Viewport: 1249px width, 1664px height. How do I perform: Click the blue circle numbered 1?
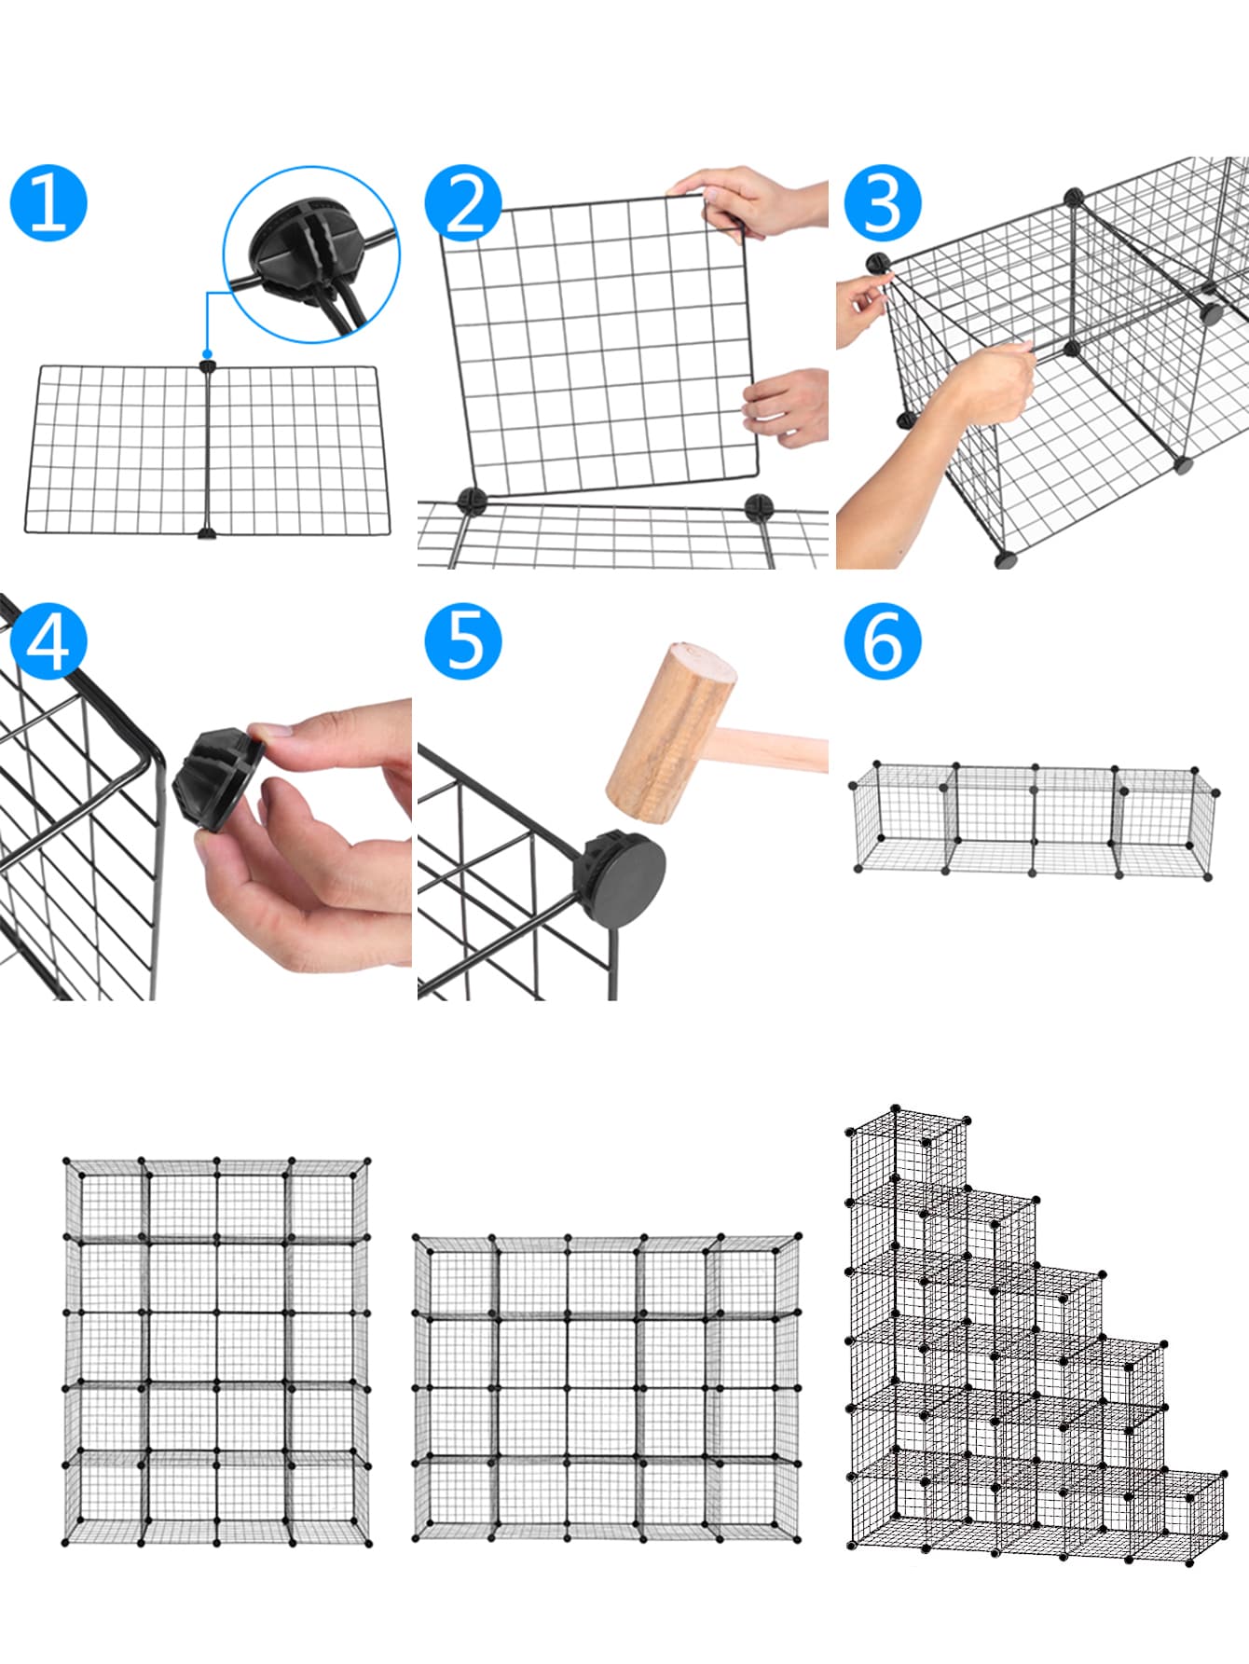tap(48, 203)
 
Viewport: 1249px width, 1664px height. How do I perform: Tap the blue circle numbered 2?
tap(463, 203)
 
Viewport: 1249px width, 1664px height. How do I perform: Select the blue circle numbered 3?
tap(882, 203)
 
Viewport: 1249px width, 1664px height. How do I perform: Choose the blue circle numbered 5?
tap(463, 641)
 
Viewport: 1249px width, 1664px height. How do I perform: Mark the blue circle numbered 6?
tap(882, 641)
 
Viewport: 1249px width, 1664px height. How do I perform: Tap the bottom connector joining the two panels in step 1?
tap(207, 534)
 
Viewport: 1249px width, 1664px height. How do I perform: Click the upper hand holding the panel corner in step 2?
tap(746, 200)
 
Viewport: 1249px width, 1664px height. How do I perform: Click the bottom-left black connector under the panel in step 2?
tap(472, 501)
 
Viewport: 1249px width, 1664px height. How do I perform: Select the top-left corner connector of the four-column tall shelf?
tap(67, 1162)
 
